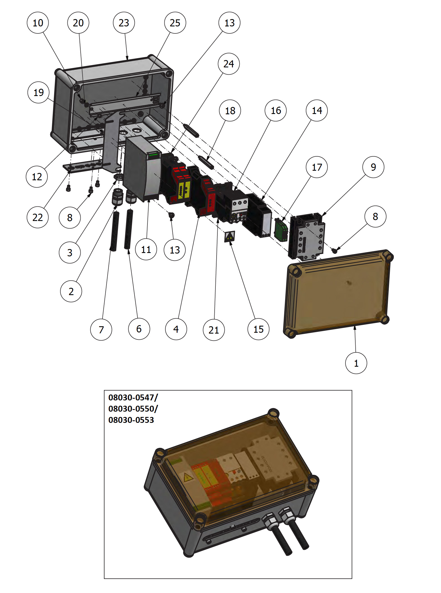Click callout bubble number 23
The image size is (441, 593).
[x=124, y=23]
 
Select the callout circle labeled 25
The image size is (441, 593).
[x=175, y=23]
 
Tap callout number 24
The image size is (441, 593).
[x=229, y=64]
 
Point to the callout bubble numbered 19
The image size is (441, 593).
[x=38, y=92]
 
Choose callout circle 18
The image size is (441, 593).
[x=230, y=111]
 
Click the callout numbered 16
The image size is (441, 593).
[x=276, y=111]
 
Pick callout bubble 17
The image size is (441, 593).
[x=317, y=167]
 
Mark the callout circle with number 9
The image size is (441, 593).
[x=373, y=167]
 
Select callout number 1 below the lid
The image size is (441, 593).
[x=356, y=363]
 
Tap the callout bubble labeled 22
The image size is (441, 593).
[x=38, y=217]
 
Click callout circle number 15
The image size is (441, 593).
[x=258, y=329]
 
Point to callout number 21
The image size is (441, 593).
[x=214, y=330]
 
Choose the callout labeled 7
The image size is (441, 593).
[x=101, y=330]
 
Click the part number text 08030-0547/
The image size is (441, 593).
[x=133, y=398]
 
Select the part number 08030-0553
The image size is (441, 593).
[x=131, y=420]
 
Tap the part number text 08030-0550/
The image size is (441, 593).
[x=133, y=409]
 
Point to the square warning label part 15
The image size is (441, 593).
[x=229, y=236]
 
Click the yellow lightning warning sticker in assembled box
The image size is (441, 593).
[x=188, y=477]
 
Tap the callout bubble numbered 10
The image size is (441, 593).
[x=38, y=23]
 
